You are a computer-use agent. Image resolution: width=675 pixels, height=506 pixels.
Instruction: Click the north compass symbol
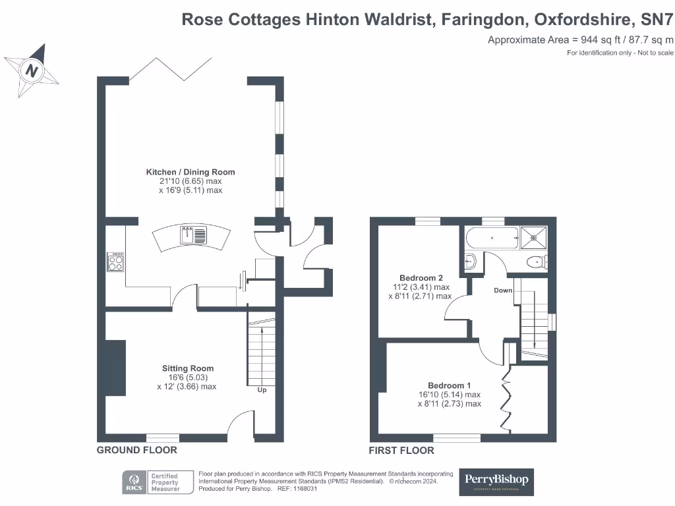(x=31, y=69)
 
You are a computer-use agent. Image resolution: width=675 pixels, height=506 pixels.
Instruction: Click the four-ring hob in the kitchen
(x=115, y=263)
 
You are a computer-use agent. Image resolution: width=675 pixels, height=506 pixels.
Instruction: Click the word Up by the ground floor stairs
(x=262, y=390)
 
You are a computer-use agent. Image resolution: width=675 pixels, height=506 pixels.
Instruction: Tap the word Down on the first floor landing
(x=503, y=290)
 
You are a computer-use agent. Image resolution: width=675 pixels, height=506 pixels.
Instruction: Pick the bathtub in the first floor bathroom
(x=491, y=237)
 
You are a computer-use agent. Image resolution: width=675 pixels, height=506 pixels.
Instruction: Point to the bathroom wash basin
(x=470, y=262)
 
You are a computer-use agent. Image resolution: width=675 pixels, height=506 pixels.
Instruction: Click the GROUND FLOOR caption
(x=137, y=450)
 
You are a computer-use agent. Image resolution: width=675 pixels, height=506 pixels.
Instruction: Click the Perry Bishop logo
(x=496, y=482)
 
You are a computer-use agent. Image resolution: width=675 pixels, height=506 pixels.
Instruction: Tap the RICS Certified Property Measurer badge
(x=152, y=482)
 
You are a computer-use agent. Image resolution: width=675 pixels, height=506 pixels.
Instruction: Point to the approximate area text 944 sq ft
(x=580, y=40)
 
